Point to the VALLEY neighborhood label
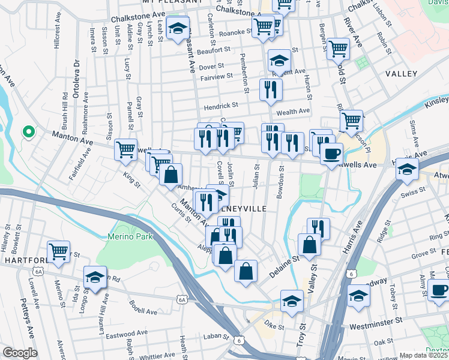401,73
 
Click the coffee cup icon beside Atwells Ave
331,154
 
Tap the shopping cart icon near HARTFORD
58,252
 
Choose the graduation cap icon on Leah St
178,28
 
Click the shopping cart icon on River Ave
339,48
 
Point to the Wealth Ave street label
293,110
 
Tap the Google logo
20,353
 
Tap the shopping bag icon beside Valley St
309,245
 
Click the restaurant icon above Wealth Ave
271,89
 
